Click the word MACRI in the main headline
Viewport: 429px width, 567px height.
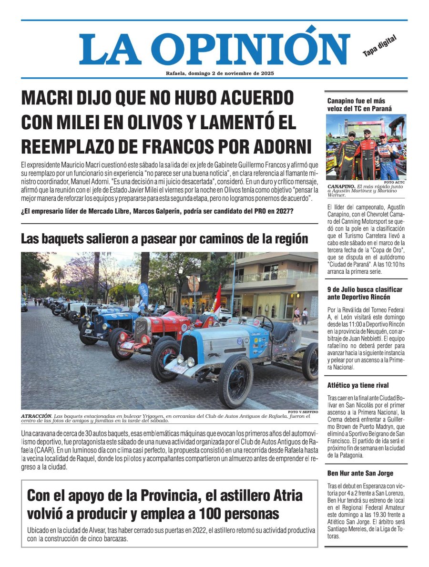click(50, 99)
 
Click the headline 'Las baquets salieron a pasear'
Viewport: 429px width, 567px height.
click(164, 238)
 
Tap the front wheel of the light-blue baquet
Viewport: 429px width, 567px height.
click(235, 381)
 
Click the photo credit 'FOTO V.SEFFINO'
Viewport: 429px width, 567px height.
click(303, 412)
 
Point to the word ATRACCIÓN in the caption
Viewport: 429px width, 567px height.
click(36, 416)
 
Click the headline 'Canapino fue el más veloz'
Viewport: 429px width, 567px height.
click(359, 104)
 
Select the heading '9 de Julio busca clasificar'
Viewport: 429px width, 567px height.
click(365, 293)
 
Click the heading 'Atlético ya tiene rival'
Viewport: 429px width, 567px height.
click(357, 385)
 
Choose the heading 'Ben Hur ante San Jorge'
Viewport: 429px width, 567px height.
click(360, 473)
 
